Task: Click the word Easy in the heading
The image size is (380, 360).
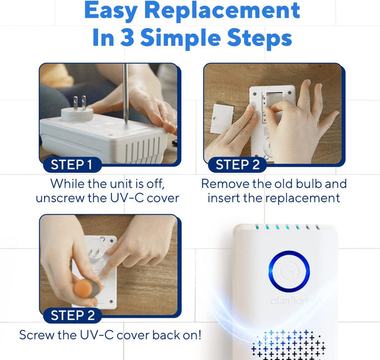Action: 111,11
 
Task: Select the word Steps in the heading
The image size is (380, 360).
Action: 259,38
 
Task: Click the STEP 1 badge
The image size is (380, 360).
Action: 72,165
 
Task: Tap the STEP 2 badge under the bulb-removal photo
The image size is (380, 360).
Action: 237,165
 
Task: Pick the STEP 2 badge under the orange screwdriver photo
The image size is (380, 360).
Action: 72,315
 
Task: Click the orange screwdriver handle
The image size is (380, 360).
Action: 88,289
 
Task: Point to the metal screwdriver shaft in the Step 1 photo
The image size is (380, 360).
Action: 125,93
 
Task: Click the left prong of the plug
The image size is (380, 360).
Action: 75,103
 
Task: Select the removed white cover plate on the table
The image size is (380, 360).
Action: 222,119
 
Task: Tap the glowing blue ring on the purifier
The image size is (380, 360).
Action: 289,271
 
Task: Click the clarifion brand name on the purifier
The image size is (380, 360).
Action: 289,301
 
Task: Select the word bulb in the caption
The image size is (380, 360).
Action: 310,184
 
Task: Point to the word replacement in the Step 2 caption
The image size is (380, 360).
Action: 303,199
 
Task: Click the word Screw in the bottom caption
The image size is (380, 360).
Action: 37,336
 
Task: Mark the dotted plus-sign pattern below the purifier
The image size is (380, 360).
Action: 289,345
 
